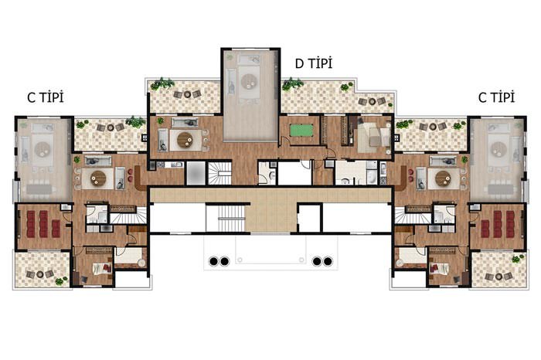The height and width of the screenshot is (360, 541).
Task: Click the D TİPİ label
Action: click(x=314, y=63)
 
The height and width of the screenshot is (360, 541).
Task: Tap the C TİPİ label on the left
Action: click(x=46, y=97)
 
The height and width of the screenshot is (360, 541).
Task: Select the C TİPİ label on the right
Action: click(x=496, y=97)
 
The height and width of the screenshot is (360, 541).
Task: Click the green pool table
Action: click(x=301, y=131)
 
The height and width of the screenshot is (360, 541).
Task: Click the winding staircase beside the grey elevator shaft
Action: click(x=219, y=173)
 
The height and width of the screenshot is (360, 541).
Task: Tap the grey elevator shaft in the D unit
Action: click(x=196, y=173)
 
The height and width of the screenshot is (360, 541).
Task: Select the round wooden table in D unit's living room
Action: click(x=185, y=140)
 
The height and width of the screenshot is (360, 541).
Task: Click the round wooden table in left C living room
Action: click(x=98, y=178)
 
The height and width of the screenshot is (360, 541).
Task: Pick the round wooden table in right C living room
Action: click(x=443, y=178)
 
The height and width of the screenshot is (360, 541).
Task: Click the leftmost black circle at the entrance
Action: click(x=213, y=261)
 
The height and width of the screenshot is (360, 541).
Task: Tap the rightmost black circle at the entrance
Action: click(x=328, y=261)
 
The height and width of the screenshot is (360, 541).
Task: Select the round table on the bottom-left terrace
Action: click(x=40, y=274)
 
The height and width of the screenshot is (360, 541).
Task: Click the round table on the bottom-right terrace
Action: click(x=498, y=277)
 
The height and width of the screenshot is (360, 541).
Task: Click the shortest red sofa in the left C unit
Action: click(x=56, y=229)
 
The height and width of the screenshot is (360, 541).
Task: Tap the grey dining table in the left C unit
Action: click(x=41, y=189)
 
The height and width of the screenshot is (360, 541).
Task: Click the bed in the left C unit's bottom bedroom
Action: click(x=102, y=268)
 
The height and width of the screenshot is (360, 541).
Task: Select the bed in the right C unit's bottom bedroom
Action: click(x=439, y=268)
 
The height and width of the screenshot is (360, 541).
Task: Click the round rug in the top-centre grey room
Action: click(x=250, y=82)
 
